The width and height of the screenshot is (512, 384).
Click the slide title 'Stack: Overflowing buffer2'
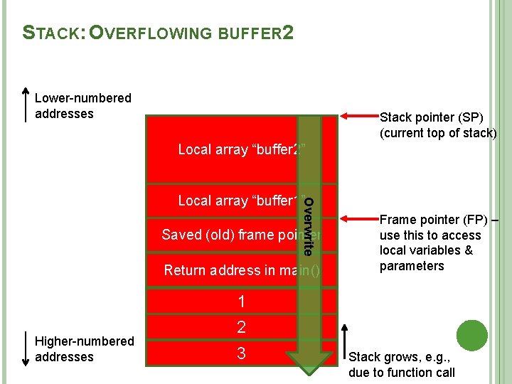[x=157, y=33]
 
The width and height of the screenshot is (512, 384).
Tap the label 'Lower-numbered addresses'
[x=82, y=106]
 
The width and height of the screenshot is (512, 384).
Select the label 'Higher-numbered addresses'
[x=84, y=349]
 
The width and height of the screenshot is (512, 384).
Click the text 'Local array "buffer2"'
[x=241, y=149]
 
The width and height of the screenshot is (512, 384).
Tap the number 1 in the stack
[x=241, y=302]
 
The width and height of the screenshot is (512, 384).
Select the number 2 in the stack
[x=241, y=327]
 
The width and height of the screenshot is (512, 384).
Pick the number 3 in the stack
[x=241, y=353]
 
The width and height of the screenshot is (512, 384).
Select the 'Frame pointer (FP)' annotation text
[x=438, y=242]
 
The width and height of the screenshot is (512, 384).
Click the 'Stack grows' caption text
[x=402, y=364]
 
